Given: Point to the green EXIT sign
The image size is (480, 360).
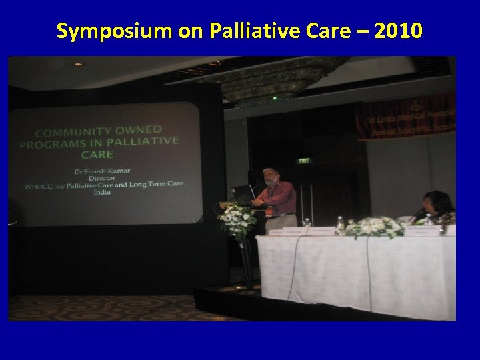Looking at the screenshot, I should coord(303,160).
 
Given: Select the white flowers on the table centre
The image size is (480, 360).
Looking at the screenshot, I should coord(375,227).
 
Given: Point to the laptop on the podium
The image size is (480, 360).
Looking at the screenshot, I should coord(241,193).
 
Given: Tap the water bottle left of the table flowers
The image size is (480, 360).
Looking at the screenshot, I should coord(341,225).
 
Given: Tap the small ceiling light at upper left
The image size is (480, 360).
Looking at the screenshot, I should coord(78,65).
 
